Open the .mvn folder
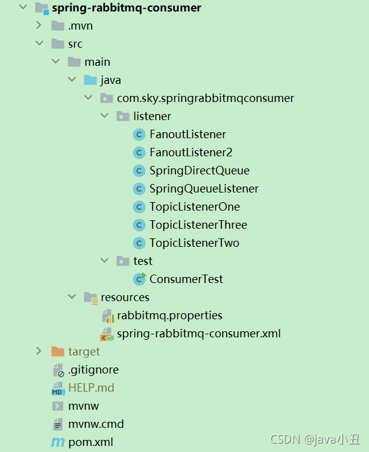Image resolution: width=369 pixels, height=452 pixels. click(x=80, y=25)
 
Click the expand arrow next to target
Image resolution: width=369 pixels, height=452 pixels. click(x=39, y=351)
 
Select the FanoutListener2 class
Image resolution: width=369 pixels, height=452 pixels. click(x=191, y=152)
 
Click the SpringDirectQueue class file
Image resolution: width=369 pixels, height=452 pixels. click(x=199, y=170)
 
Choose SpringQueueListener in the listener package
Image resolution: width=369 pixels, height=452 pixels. click(x=204, y=188)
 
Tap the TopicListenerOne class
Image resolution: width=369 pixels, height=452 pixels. click(x=194, y=206)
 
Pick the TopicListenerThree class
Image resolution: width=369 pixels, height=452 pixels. click(x=198, y=224)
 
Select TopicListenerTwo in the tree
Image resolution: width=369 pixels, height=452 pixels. click(x=194, y=243)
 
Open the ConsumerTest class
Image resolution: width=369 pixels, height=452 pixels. click(x=186, y=279)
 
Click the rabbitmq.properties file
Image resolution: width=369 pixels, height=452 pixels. click(x=169, y=315)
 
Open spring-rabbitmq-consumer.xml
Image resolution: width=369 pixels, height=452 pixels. click(x=198, y=333)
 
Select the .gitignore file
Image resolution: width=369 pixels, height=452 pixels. click(x=93, y=369)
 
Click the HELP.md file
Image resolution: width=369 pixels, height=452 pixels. click(x=91, y=387)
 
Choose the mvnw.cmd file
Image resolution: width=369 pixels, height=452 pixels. click(x=96, y=424)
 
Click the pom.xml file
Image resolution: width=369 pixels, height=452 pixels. click(x=90, y=442)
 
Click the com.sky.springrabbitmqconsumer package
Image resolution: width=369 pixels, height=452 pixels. click(x=205, y=98)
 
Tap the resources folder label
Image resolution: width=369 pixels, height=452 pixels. click(x=125, y=297)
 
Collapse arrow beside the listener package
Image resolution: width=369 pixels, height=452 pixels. click(x=104, y=116)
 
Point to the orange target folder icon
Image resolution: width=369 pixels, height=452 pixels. click(x=58, y=351)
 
